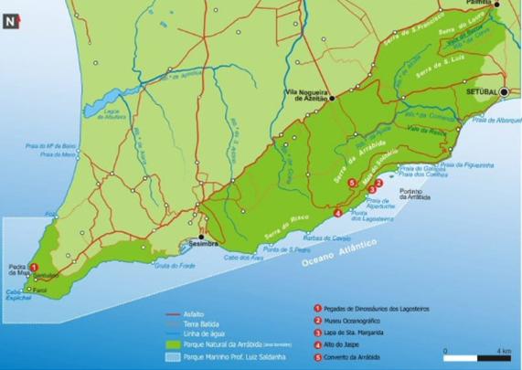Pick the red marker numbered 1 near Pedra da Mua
click(x=34, y=267)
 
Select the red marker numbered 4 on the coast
click(x=338, y=214)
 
